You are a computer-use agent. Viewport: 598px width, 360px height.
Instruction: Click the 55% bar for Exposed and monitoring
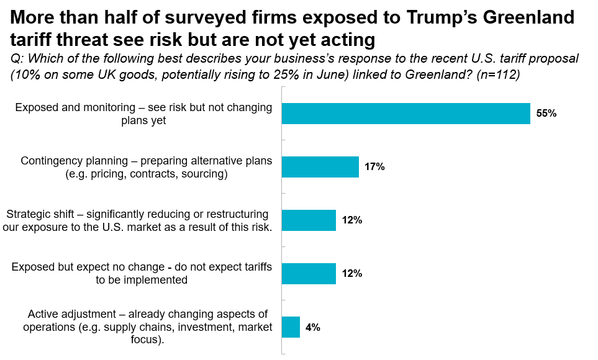tap(405, 114)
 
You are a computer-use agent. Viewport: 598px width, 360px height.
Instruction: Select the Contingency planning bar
tap(320, 167)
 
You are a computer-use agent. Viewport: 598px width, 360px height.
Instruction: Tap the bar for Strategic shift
tap(309, 220)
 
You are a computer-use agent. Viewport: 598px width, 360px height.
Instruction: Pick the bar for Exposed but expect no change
tap(309, 273)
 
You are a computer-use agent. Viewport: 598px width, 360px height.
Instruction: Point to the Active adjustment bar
tap(291, 326)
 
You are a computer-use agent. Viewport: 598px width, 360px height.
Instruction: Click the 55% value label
tap(546, 114)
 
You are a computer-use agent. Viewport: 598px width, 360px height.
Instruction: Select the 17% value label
tap(374, 167)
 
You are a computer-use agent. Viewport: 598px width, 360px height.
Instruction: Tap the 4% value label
tap(312, 326)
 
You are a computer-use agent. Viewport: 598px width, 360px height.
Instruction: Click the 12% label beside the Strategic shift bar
tap(351, 220)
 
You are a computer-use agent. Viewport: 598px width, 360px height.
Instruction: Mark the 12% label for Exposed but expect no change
tap(351, 273)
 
